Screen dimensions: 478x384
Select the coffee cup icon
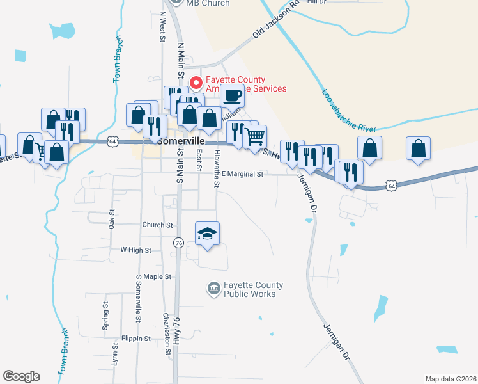232,96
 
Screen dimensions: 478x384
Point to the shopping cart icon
254,136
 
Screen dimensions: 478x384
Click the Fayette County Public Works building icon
213,289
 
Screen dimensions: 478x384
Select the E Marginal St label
243,174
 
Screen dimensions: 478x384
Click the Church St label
158,225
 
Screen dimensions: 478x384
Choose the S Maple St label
153,276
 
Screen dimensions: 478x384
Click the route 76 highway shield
178,243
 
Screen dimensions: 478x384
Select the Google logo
21,376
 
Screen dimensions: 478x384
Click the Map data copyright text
451,379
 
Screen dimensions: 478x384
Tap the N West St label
163,26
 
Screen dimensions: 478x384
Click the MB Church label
208,3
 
